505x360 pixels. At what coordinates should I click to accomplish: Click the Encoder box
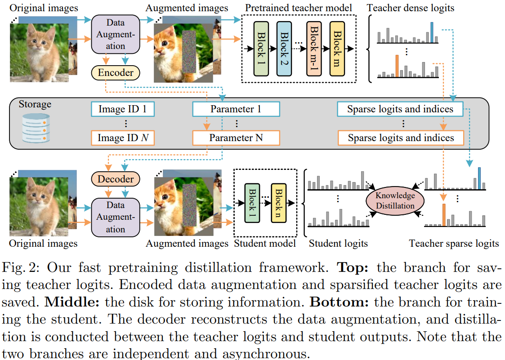coord(116,73)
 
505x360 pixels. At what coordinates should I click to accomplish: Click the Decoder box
coord(116,179)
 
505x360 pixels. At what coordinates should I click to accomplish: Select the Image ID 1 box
coord(122,109)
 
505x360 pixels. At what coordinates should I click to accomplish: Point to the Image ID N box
coord(122,138)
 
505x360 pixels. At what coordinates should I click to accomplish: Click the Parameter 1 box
coord(236,109)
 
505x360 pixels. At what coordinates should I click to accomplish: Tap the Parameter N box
coord(236,138)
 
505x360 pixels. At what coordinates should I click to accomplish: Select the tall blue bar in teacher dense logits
coord(432,32)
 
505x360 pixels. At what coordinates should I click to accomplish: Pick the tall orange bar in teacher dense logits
coord(397,66)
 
